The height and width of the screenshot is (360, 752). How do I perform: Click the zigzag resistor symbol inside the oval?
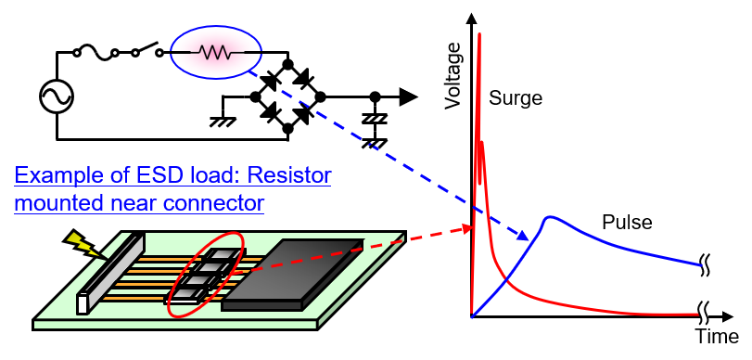pos(215,53)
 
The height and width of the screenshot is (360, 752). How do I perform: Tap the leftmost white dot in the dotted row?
pos(77,53)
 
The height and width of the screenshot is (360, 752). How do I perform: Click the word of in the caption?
pos(101,175)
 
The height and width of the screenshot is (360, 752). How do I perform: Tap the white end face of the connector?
pos(83,303)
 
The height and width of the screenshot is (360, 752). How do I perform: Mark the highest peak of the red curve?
pos(478,37)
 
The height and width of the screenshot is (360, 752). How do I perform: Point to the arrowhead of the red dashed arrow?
pos(467,228)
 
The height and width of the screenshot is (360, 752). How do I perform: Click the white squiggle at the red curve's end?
pos(705,313)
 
